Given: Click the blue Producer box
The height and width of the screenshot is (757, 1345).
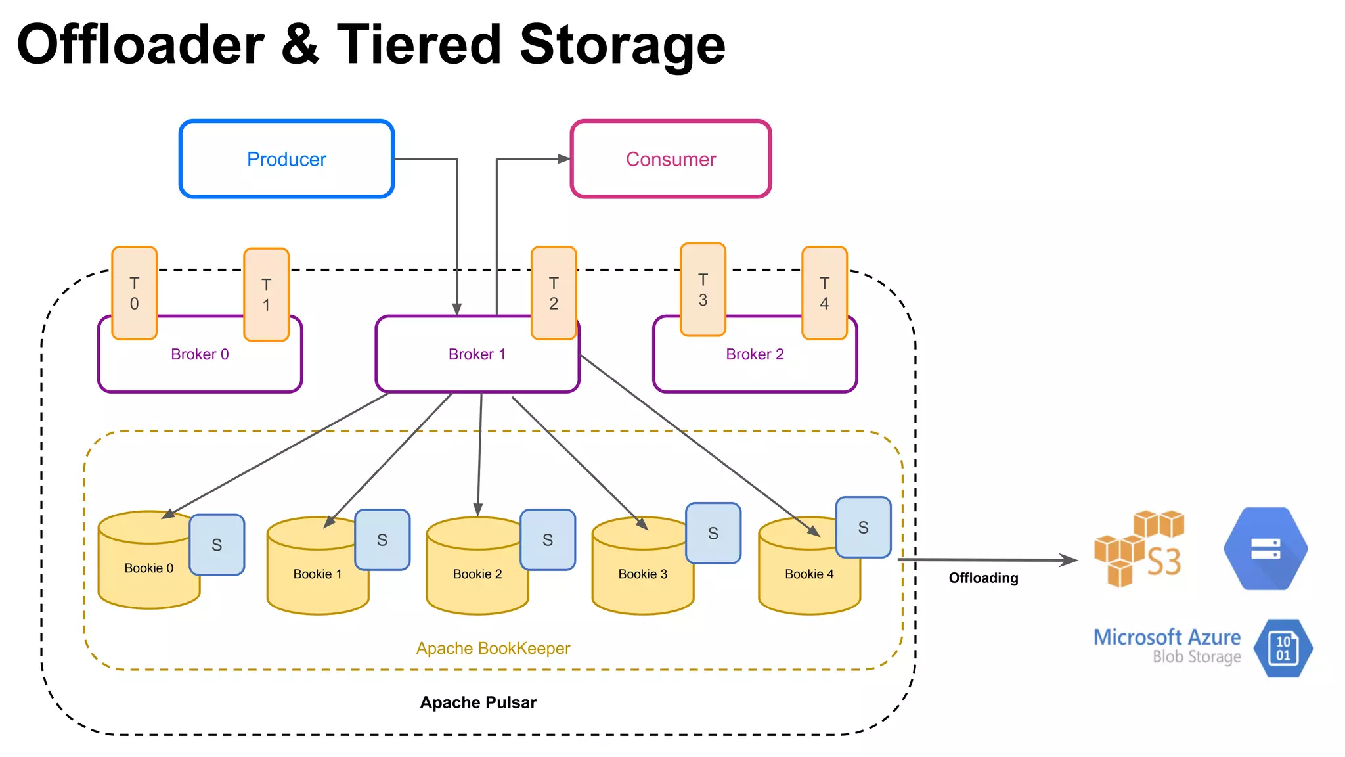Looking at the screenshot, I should pos(286,159).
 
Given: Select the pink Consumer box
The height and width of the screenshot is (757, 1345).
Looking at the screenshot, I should pos(671,159).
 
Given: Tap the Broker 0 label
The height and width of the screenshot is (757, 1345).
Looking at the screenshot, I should pos(200,354).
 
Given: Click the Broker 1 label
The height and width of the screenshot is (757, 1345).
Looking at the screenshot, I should pos(477,354).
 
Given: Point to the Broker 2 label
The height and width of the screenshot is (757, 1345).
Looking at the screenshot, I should pos(755,354).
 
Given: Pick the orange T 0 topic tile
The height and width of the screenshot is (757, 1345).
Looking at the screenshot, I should pos(135,293).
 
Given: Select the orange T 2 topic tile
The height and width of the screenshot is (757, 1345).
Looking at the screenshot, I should pos(554,293).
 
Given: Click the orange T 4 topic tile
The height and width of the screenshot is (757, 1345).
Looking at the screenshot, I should pos(824,293).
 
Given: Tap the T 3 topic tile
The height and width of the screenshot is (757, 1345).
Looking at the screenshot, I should pos(703,290).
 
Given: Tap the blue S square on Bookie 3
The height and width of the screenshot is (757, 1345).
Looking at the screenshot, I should pos(713,534).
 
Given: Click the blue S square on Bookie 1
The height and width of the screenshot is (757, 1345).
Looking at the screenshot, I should pos(382,540).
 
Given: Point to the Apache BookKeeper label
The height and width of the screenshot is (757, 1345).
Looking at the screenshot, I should pos(493,649).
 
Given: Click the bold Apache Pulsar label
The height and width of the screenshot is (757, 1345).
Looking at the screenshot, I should pos(478,702).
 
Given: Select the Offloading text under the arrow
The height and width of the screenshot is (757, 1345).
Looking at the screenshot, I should pos(983,578).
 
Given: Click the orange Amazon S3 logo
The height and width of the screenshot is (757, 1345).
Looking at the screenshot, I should pos(1139,549).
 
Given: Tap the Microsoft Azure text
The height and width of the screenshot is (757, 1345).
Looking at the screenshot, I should pos(1166,637).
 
